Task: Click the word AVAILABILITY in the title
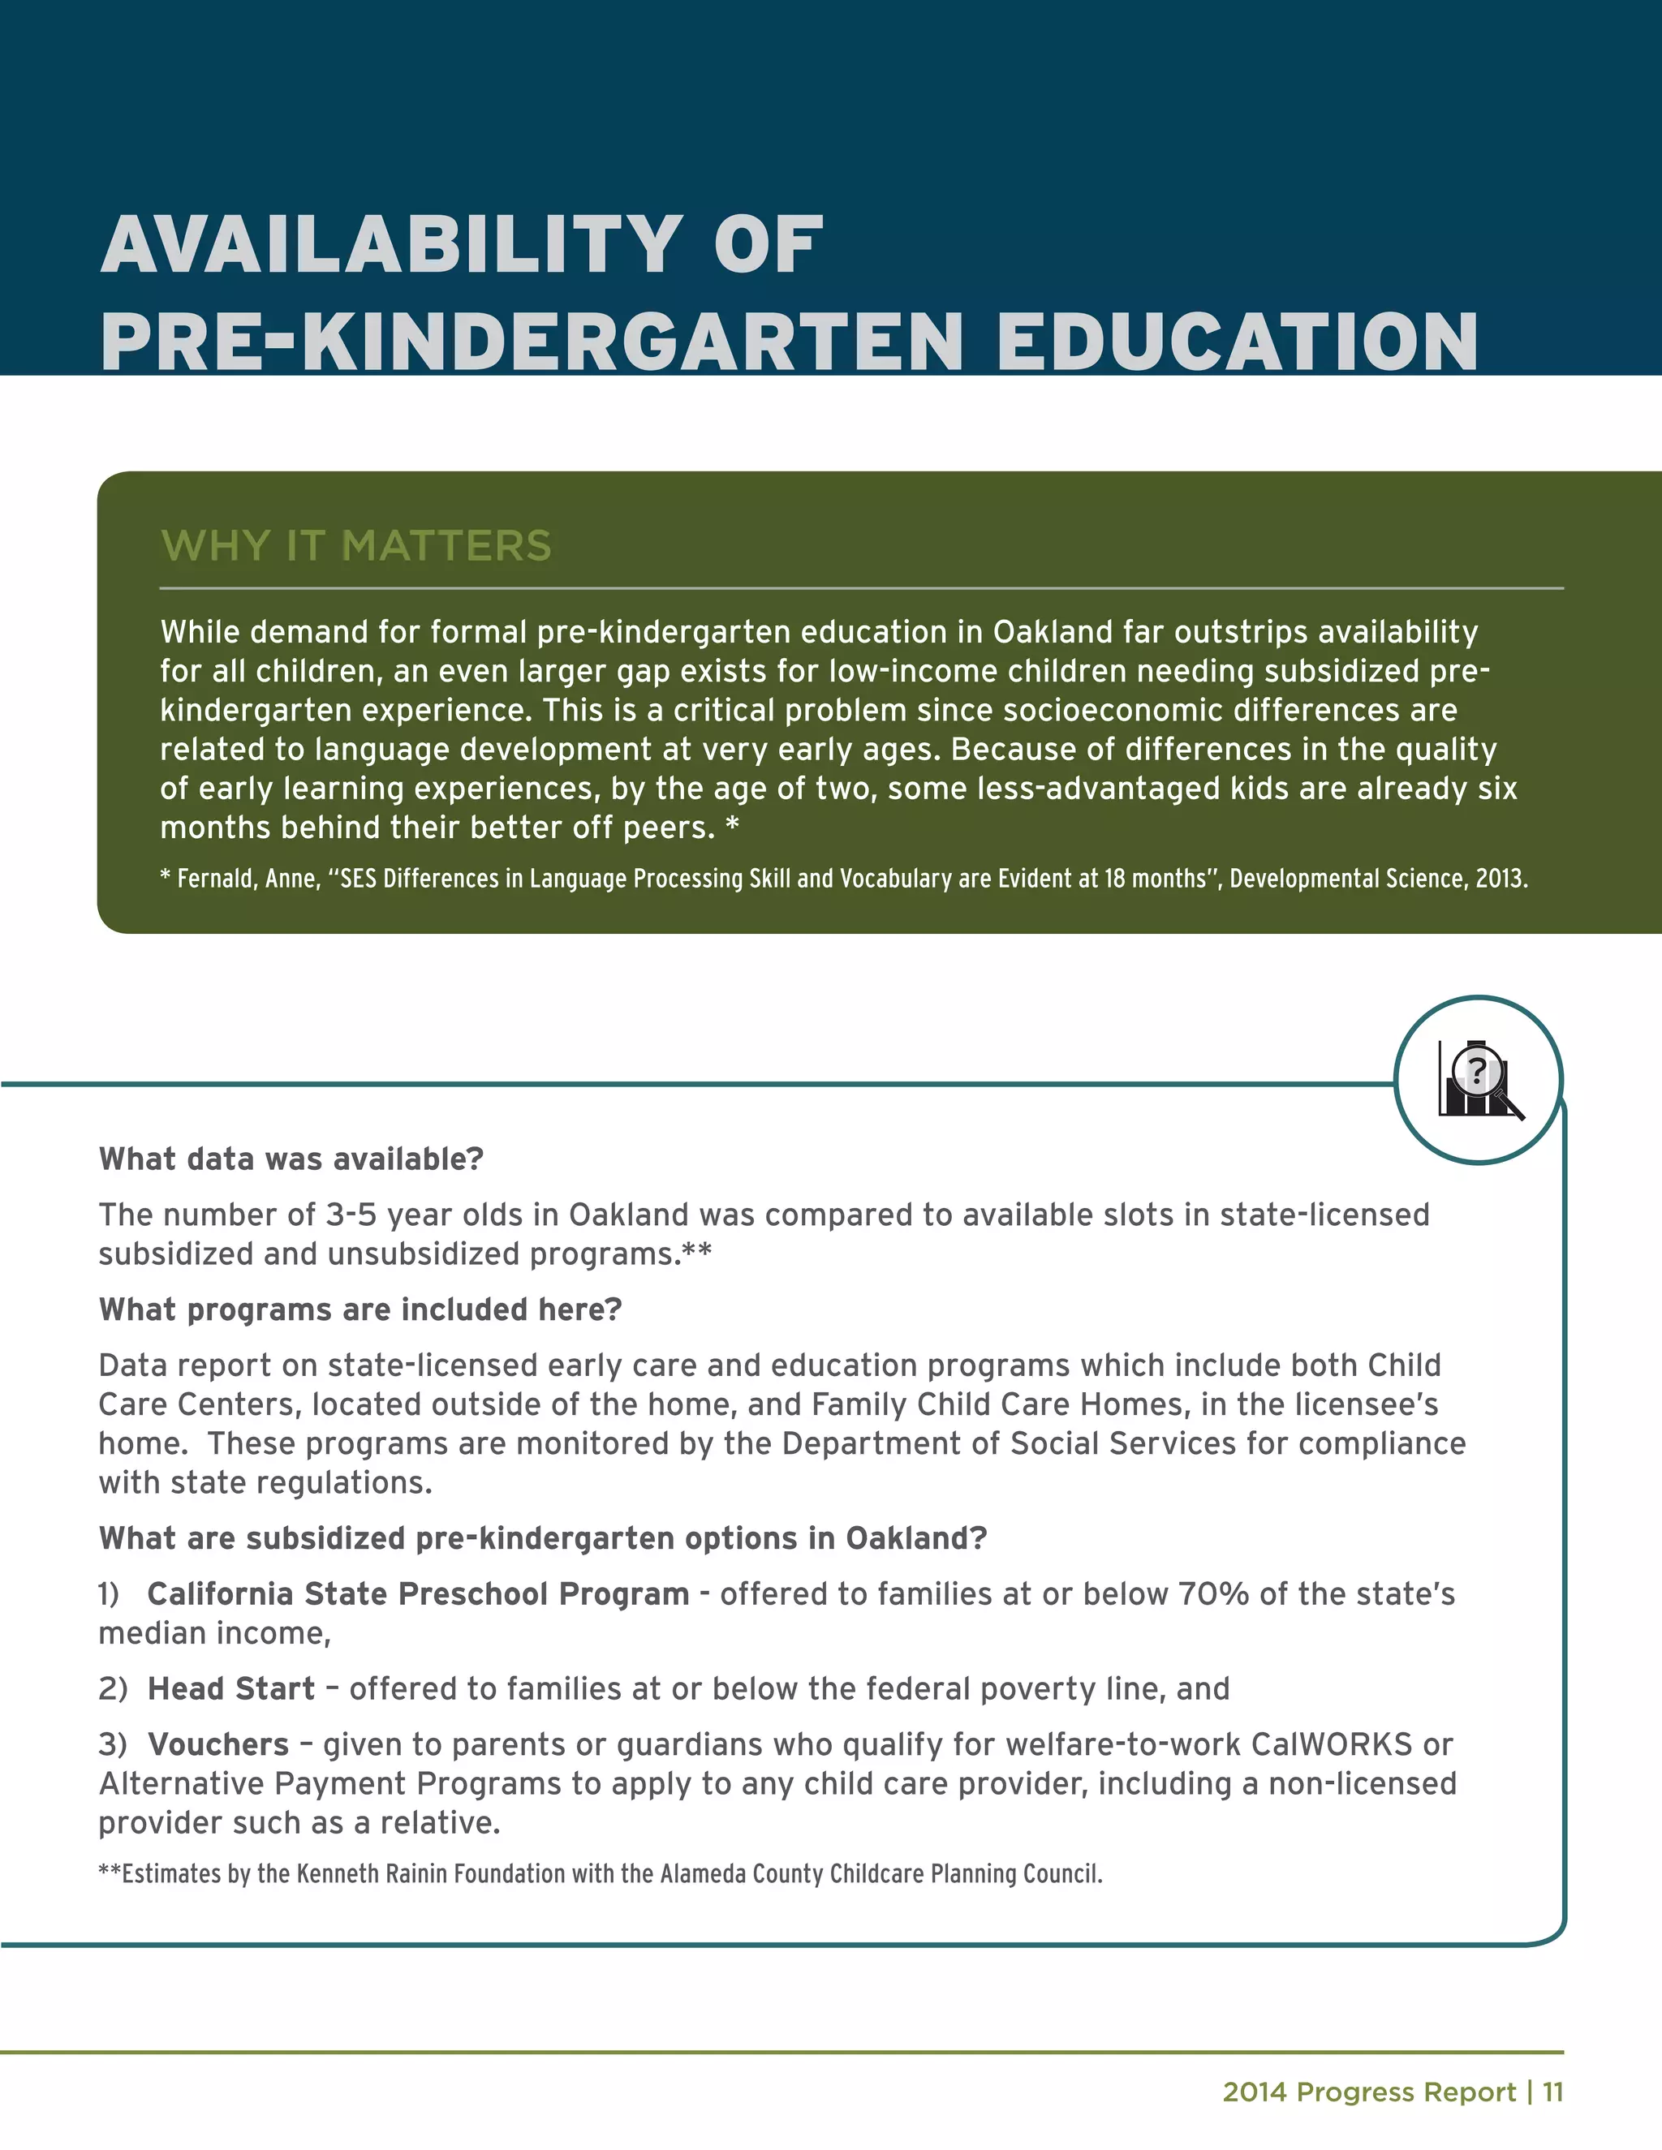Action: point(390,245)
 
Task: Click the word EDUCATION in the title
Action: point(1237,342)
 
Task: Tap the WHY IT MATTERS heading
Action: point(355,545)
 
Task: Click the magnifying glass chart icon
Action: point(1478,1080)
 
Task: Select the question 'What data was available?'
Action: point(291,1159)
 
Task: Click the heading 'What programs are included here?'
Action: point(360,1309)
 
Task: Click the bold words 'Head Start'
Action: point(231,1688)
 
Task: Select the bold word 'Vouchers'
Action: point(218,1744)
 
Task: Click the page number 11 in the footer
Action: point(1552,2092)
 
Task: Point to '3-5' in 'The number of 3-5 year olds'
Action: point(351,1215)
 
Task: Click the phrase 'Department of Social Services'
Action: point(1010,1443)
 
